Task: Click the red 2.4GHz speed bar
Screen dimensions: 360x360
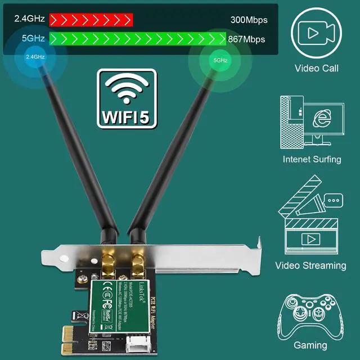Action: tap(91, 20)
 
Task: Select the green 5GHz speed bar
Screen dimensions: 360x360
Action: tap(138, 39)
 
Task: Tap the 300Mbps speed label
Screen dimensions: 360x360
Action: tap(249, 20)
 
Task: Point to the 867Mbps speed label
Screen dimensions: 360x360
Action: tap(246, 39)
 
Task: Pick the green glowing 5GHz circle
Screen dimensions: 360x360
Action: tap(220, 59)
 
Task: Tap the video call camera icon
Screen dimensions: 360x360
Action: tap(317, 33)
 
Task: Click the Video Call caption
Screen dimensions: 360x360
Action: tap(317, 69)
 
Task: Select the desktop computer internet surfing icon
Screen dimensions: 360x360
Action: tap(313, 121)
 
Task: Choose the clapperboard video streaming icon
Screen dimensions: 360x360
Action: tap(311, 215)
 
